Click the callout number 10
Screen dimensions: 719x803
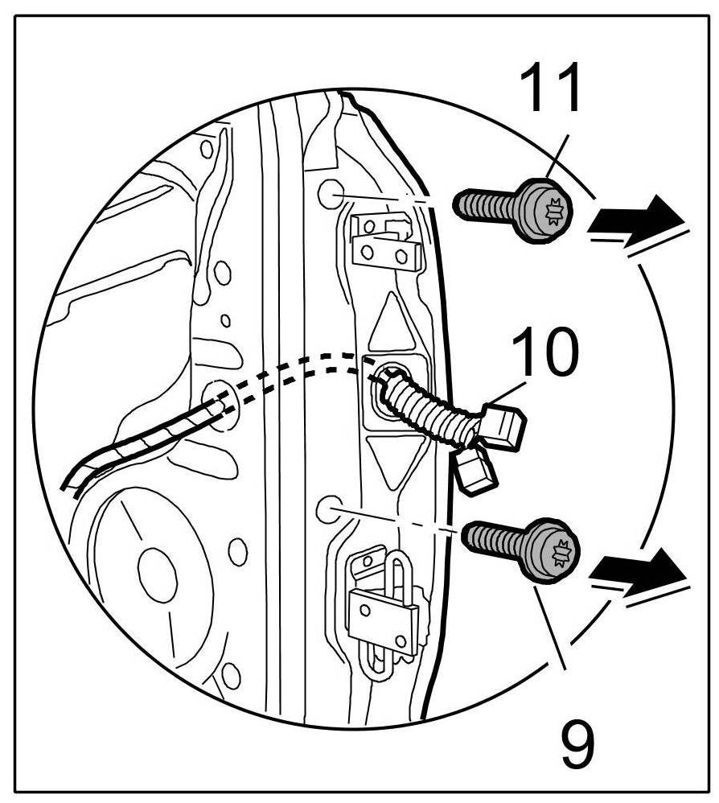tap(544, 354)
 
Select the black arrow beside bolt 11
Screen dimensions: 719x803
tap(639, 217)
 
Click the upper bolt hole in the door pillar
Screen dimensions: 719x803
tap(329, 194)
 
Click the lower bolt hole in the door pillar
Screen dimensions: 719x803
tap(327, 508)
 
